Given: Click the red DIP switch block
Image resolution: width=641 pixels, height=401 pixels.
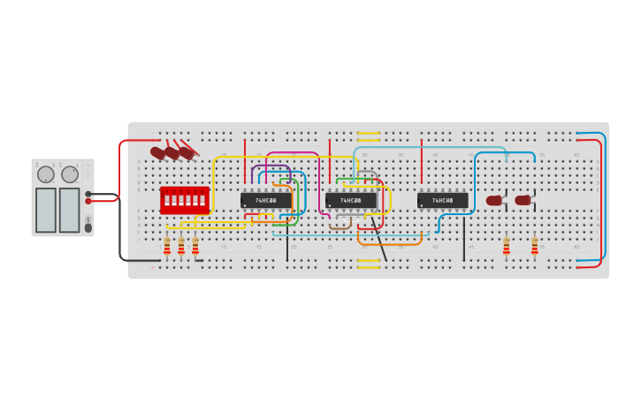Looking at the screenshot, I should point(184,200).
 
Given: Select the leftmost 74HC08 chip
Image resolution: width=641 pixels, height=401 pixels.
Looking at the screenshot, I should point(265,201).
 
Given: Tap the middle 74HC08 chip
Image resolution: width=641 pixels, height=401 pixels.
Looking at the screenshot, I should point(350,201).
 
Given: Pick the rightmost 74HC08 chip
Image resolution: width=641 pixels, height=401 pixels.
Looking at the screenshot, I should point(442,201).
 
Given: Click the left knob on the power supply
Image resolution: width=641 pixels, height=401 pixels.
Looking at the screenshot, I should point(46,174).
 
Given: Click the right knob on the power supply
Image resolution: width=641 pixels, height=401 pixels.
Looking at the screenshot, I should point(70,174).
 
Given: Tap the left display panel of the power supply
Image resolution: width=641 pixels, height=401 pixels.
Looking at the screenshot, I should point(46,210).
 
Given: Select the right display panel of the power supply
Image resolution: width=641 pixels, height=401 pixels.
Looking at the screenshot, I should point(69,210).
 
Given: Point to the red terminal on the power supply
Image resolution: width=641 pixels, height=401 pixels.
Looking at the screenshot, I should point(88,201).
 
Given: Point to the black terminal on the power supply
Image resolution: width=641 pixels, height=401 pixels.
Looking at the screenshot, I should point(88,194).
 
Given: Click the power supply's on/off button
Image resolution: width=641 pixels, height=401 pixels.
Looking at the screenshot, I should point(88,227).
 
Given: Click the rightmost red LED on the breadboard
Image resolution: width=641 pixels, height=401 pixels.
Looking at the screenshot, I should point(523,200).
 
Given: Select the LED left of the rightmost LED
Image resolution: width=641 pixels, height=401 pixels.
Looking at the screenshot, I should point(493,201).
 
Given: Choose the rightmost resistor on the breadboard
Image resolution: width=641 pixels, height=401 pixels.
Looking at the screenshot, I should point(534,246).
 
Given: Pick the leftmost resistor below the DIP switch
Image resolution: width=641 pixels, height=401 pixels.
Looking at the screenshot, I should point(167,246).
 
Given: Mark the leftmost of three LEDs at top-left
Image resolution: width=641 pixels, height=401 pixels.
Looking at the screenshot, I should point(158,152).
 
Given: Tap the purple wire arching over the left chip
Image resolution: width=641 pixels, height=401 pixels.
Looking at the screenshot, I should point(271,166).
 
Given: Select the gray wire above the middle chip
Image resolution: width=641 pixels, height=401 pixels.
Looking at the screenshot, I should point(367,172).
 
